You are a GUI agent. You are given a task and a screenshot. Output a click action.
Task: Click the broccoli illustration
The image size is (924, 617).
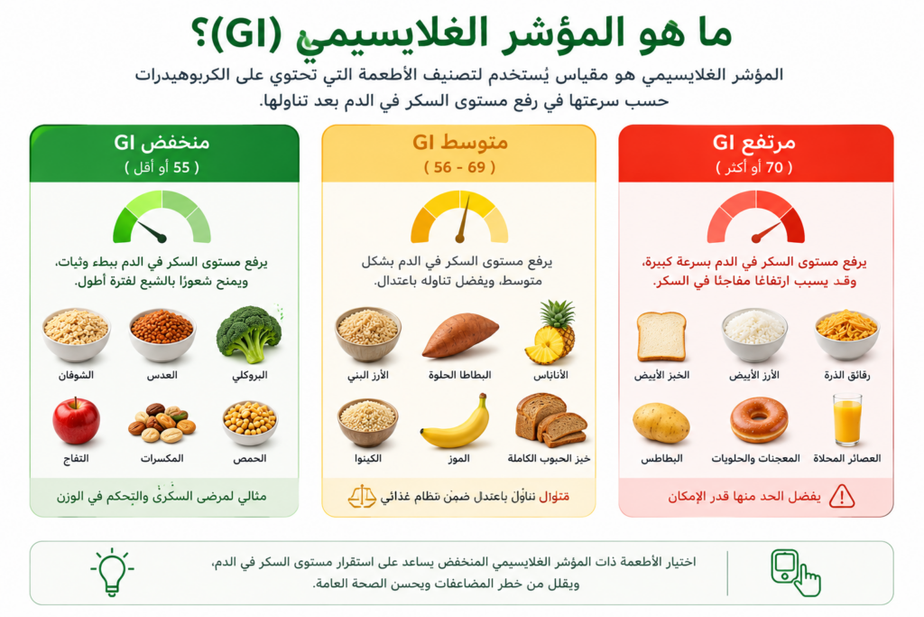click(249, 334)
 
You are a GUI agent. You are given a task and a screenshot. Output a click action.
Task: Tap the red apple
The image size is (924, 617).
click(76, 421)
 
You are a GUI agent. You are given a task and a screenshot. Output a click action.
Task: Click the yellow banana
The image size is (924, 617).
click(456, 423)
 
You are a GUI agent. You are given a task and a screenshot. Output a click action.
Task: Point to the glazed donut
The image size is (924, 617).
click(758, 419)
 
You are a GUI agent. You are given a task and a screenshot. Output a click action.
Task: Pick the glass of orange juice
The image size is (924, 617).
click(847, 420)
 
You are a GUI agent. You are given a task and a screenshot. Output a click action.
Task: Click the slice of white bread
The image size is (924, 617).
click(661, 336)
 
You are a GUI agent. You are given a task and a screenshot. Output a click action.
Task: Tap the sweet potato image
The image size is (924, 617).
click(460, 336)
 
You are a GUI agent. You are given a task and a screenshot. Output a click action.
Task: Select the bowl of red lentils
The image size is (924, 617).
click(162, 334)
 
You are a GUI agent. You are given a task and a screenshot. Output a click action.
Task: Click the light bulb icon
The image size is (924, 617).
click(112, 571)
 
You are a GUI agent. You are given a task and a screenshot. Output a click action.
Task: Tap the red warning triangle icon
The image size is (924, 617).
click(842, 497)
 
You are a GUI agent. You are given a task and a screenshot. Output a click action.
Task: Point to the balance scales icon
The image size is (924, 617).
click(362, 497)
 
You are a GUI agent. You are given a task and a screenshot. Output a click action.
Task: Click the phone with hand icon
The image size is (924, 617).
click(795, 572)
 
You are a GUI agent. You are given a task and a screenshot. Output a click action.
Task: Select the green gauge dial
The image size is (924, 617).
click(162, 217)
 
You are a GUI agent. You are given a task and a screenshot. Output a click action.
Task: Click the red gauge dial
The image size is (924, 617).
click(755, 217)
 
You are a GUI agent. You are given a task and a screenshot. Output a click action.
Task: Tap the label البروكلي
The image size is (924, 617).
click(250, 375)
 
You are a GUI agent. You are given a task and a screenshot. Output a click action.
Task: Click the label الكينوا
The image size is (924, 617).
click(366, 458)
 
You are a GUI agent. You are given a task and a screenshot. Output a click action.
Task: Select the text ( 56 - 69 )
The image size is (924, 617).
click(459, 167)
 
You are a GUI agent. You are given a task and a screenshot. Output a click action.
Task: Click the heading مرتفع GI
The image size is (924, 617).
click(753, 142)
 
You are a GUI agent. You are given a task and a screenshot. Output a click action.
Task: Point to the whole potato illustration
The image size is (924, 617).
click(661, 423)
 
